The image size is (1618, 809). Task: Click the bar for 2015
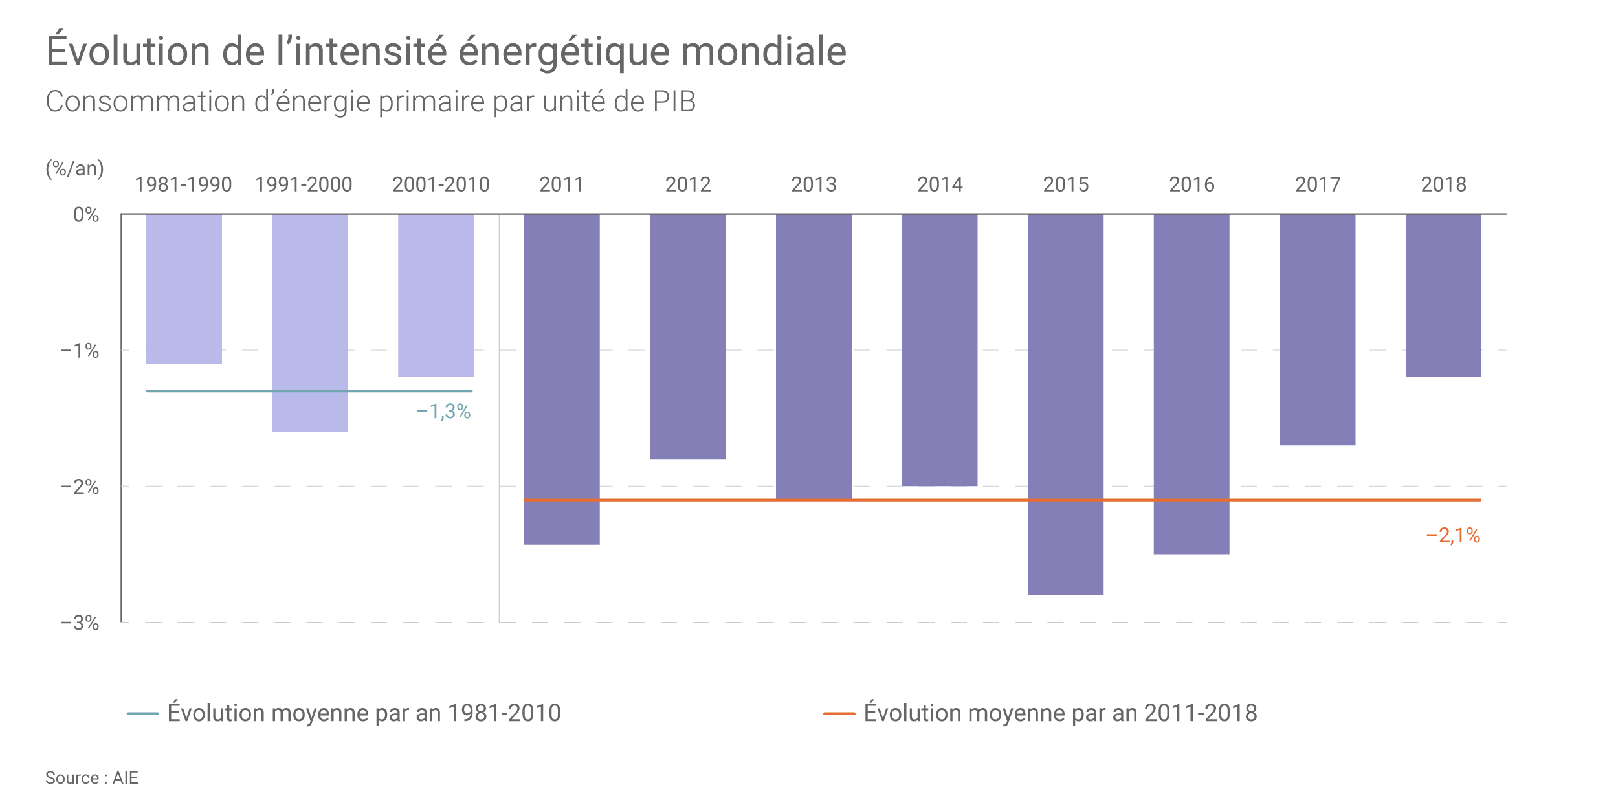[1065, 404]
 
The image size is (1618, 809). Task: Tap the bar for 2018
[1443, 295]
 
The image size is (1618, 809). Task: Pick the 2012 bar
[687, 336]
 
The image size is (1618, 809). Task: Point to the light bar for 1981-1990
[184, 289]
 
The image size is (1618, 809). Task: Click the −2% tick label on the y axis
[80, 487]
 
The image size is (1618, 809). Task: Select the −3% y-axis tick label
[80, 623]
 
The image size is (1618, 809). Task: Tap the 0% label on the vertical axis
[86, 215]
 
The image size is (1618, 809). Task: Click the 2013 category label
[814, 184]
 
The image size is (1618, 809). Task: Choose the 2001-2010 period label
[441, 184]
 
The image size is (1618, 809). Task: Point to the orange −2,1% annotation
[1453, 535]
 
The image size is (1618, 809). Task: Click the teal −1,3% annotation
[443, 411]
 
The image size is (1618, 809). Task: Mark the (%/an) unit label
[74, 168]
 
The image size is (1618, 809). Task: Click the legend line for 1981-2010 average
[142, 713]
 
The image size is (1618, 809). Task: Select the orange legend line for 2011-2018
[839, 713]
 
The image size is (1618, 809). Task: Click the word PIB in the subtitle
[674, 102]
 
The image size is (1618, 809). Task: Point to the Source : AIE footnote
[91, 778]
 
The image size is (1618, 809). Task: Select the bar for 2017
[1317, 329]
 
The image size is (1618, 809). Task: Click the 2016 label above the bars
[1191, 184]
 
